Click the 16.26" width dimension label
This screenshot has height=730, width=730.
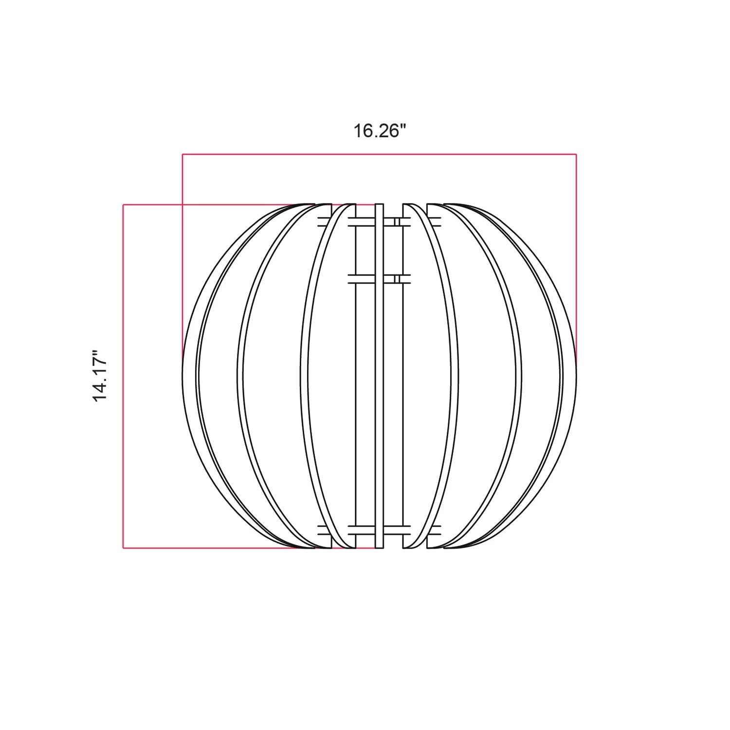(x=379, y=131)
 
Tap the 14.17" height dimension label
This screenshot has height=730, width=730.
(x=100, y=375)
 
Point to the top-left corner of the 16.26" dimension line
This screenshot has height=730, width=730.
(x=182, y=154)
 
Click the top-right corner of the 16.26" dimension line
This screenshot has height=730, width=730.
(x=576, y=154)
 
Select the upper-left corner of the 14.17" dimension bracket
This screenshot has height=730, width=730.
(x=123, y=205)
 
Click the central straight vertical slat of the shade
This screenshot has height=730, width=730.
(x=379, y=375)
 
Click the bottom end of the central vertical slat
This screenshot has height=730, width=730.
(x=379, y=547)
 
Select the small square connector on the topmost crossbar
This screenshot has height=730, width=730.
(x=397, y=222)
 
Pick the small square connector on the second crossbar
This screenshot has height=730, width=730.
(x=397, y=279)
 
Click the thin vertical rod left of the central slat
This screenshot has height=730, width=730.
(x=355, y=375)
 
